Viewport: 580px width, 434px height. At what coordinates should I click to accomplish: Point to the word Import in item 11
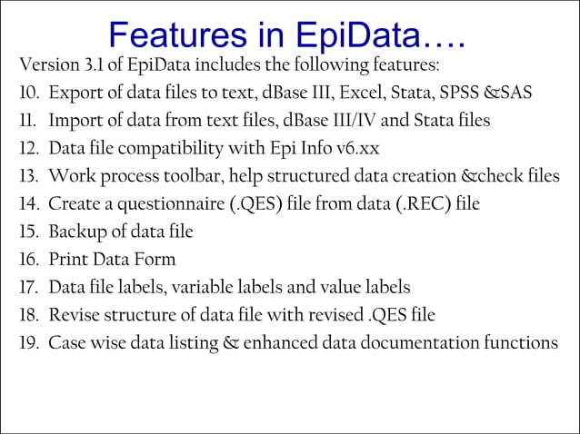tap(76, 121)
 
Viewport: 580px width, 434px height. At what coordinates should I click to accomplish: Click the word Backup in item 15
tap(75, 232)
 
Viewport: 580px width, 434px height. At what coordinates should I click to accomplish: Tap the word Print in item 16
tap(67, 260)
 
